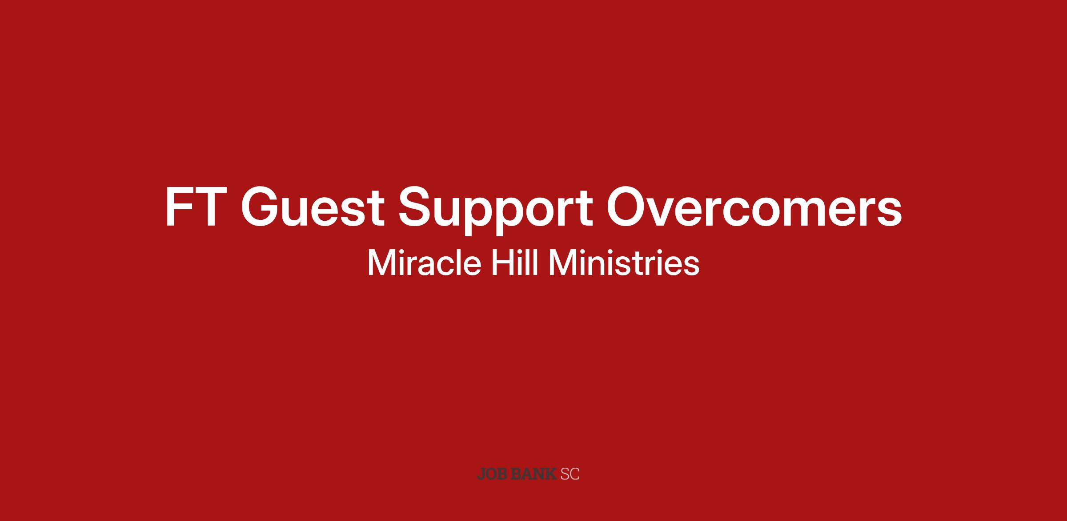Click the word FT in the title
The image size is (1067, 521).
[194, 207]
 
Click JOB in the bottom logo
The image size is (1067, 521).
[493, 474]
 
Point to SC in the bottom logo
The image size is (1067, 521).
[570, 474]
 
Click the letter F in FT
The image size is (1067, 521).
[178, 207]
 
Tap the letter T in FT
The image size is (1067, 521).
[207, 207]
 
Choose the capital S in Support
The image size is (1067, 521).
[416, 207]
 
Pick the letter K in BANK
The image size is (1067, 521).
[550, 474]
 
